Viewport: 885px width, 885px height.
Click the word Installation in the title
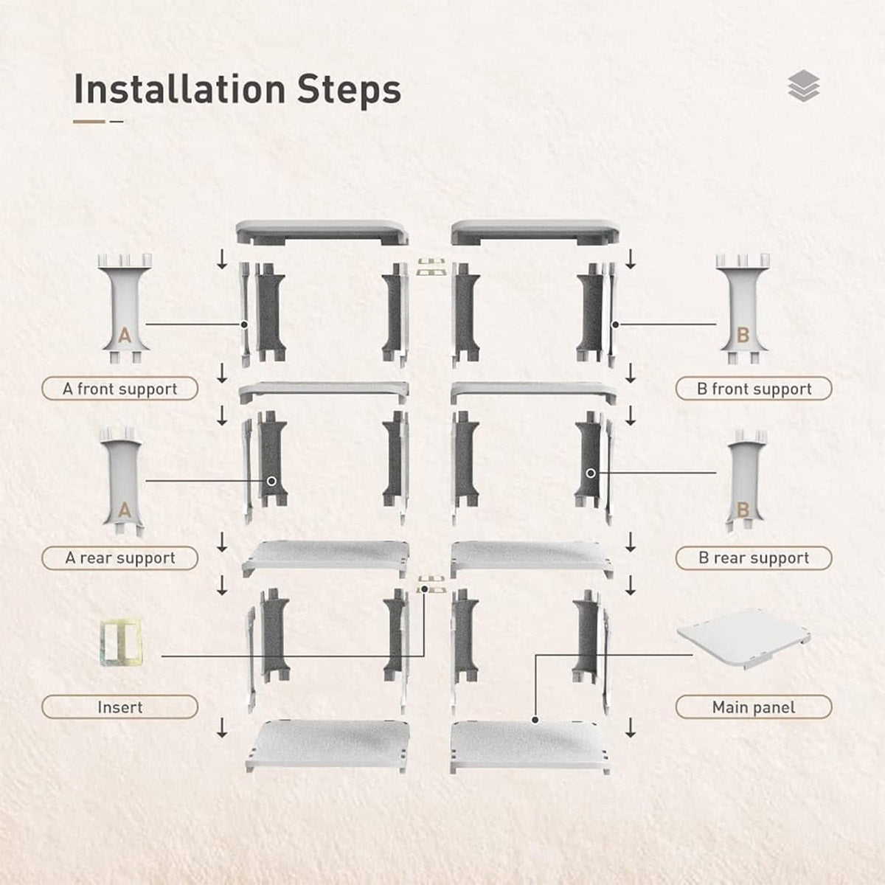coord(180,90)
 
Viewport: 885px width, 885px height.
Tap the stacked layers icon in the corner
coord(803,86)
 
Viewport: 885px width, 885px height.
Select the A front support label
coord(120,389)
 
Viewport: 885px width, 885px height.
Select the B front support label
coord(754,389)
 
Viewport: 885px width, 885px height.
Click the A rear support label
coord(120,558)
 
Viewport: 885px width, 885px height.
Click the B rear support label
coord(754,558)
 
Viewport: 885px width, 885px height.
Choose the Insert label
coord(120,707)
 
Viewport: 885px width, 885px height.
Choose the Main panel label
coord(754,707)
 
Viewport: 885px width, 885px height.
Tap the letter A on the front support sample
coord(125,336)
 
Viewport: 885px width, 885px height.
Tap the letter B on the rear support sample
coord(743,510)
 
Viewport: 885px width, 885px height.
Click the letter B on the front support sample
coord(743,336)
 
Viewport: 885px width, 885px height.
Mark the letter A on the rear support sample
coord(125,510)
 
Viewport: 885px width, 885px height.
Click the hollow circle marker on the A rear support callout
coord(271,481)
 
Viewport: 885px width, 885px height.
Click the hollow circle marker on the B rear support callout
coord(591,473)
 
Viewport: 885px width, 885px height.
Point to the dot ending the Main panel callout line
coord(534,718)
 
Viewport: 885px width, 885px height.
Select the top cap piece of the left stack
coord(322,232)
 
